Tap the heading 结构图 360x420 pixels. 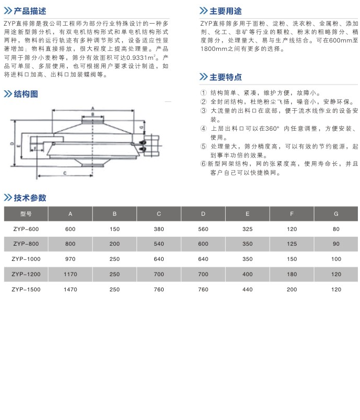[x=26, y=94]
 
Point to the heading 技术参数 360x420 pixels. [x=30, y=198]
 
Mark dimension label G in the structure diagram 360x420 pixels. [x=142, y=127]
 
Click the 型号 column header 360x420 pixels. [x=26, y=214]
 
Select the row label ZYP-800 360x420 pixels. [x=26, y=244]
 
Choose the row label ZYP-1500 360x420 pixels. [x=26, y=289]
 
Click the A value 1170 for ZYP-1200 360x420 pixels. [x=70, y=274]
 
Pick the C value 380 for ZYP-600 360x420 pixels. [x=159, y=229]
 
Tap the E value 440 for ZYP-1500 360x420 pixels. [x=248, y=289]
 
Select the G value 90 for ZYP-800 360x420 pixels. [x=336, y=244]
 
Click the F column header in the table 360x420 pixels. [x=292, y=214]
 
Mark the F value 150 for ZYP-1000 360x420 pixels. [x=292, y=259]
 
